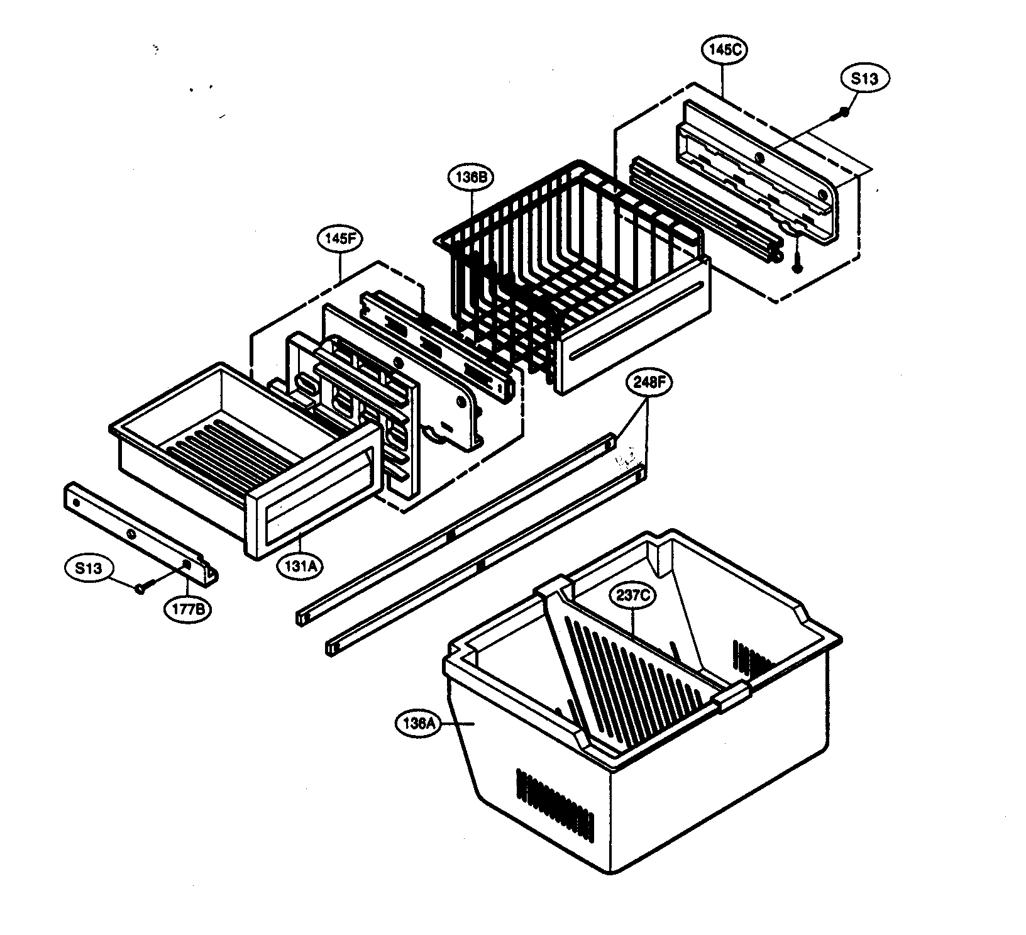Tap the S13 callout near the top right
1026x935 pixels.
[865, 79]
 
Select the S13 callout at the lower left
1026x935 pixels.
[89, 568]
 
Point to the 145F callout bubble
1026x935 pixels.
[340, 239]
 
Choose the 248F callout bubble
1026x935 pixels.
[648, 384]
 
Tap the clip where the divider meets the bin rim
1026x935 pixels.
[732, 698]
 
